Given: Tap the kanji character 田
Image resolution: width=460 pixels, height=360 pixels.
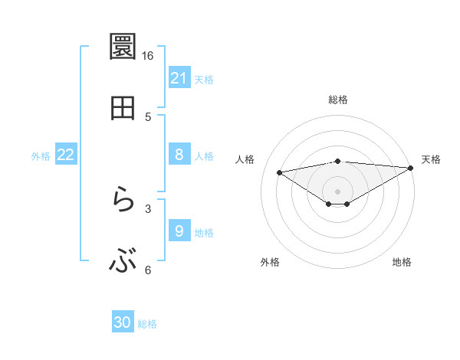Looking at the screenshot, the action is tap(123, 108).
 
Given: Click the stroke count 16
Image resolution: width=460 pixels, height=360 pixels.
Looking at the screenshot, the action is tap(147, 56).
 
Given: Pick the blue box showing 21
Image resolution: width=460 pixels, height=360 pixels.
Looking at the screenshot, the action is tap(179, 78).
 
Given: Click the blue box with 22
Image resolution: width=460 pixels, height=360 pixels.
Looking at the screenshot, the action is tap(66, 155).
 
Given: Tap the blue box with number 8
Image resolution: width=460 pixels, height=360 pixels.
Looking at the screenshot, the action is tap(179, 155).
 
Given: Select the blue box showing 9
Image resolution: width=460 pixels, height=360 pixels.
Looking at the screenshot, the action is tap(179, 232).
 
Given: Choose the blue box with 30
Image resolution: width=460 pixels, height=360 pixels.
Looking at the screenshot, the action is tap(123, 323).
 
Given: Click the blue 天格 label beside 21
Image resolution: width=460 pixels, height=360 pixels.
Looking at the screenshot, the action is tap(204, 79).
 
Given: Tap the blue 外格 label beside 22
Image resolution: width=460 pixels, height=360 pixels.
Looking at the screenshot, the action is tap(41, 156).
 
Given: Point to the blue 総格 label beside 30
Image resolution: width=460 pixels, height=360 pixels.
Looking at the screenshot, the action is tap(147, 324).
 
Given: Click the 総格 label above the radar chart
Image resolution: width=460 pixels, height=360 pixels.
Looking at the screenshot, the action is tap(338, 100).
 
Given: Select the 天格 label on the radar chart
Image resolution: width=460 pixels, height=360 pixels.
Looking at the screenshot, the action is tap(431, 159).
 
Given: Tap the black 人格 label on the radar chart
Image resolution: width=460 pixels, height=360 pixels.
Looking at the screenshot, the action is tap(245, 159).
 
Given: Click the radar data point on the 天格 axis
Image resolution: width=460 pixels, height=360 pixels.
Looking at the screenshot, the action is tap(411, 168).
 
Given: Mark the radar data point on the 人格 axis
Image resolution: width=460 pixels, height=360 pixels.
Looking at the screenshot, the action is tap(279, 172).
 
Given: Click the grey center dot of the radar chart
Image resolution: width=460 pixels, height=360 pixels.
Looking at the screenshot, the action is tap(338, 191).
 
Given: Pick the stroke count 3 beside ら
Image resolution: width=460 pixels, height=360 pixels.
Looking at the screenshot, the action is tap(148, 208).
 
